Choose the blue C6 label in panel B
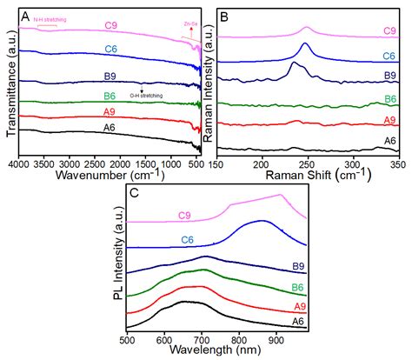389,55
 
